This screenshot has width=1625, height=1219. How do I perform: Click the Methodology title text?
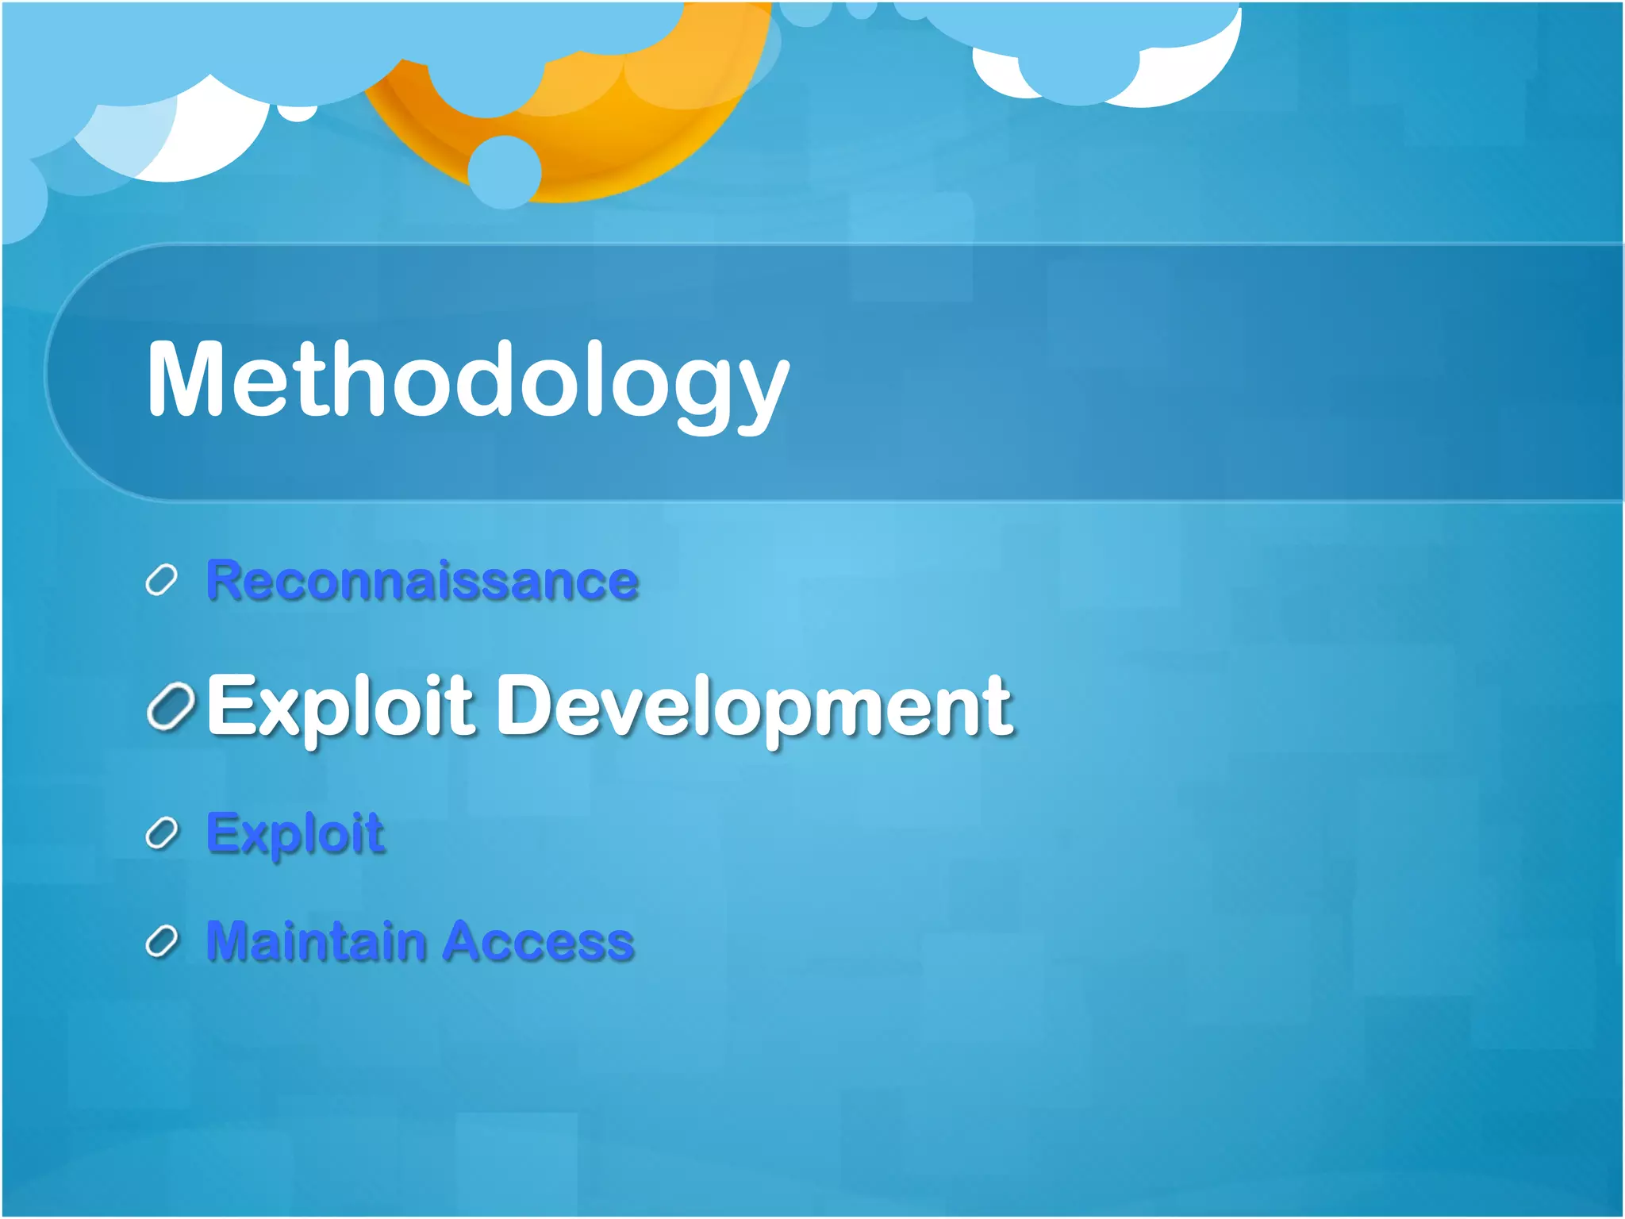click(x=468, y=381)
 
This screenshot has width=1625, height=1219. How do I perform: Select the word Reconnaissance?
click(x=422, y=580)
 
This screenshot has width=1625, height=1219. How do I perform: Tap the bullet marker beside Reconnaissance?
click(x=161, y=581)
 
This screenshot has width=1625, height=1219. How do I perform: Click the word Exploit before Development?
click(x=341, y=706)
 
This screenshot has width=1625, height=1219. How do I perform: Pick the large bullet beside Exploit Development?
click(x=171, y=706)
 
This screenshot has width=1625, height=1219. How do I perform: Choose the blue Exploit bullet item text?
click(x=295, y=833)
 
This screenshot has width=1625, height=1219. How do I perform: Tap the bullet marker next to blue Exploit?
click(x=162, y=833)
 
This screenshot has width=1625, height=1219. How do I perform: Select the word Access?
click(x=539, y=941)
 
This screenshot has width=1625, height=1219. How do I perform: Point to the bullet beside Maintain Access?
click(x=162, y=941)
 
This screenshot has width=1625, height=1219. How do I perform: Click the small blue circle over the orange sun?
click(x=504, y=171)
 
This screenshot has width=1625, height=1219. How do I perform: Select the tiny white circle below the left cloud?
click(x=298, y=112)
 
